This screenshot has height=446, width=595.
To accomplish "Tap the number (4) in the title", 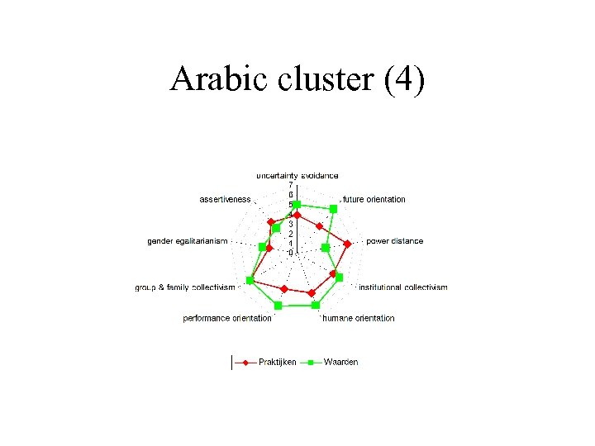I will click(x=405, y=79).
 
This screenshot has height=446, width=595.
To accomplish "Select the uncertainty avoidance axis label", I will click(x=297, y=175).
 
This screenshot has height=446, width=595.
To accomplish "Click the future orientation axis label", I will click(x=374, y=199).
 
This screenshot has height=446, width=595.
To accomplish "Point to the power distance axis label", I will click(x=394, y=241).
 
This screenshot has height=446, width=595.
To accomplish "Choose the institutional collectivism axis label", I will click(x=403, y=287).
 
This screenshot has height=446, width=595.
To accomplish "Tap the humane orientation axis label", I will click(x=358, y=318).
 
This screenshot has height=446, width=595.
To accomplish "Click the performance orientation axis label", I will click(x=227, y=318).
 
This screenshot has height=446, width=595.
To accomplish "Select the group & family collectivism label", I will click(x=185, y=287).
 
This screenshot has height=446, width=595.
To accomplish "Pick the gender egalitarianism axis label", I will click(x=187, y=241).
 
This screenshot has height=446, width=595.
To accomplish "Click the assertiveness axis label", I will click(x=225, y=199).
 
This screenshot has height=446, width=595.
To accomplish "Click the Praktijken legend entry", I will click(x=277, y=362).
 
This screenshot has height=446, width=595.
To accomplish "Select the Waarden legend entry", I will click(x=340, y=362).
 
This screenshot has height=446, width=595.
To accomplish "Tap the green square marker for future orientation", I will click(x=333, y=210).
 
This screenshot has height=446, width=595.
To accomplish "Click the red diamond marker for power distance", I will click(x=348, y=244).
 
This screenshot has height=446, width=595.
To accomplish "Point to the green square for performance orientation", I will click(x=278, y=306).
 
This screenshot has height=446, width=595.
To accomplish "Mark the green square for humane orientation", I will click(x=316, y=306).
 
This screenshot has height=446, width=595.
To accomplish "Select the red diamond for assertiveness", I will click(x=270, y=222).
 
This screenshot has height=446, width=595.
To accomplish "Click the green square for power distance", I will click(x=326, y=247).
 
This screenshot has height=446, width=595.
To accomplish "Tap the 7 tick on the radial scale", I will click(x=290, y=185).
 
